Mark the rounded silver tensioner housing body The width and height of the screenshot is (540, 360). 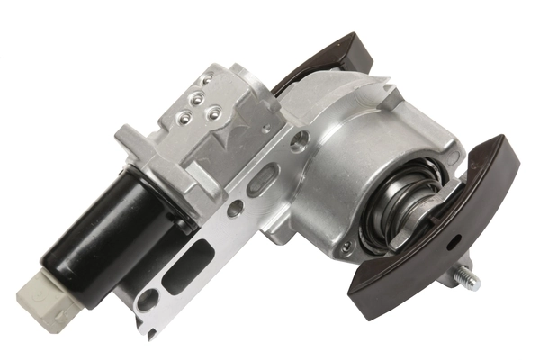click(x=378, y=135)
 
